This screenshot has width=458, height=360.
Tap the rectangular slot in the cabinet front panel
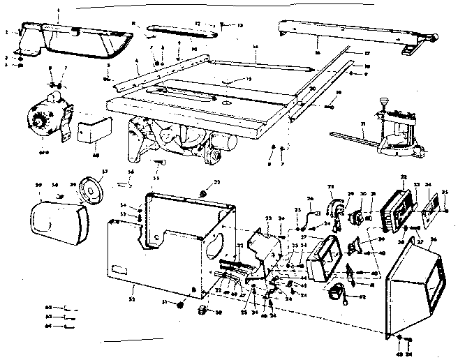click(119, 268)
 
